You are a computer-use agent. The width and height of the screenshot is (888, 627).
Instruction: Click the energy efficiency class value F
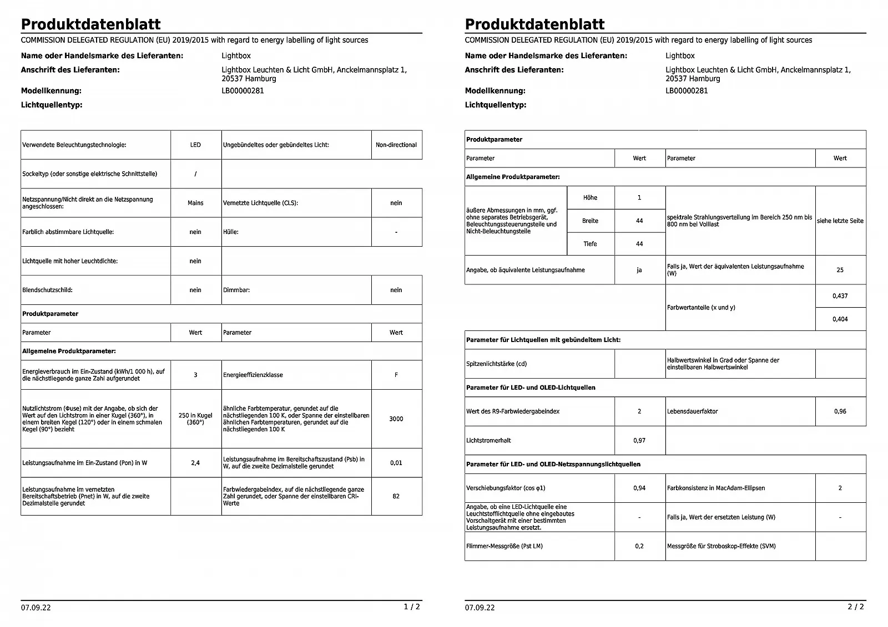pos(396,375)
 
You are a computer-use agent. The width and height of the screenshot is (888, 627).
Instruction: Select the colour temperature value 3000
pos(396,419)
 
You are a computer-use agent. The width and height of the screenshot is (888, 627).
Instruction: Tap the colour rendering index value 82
pos(396,496)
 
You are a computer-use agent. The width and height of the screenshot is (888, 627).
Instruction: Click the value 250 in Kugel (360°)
pos(195,419)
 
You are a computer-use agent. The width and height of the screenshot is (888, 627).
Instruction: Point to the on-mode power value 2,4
pos(195,462)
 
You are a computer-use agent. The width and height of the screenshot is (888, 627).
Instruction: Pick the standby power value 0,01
pos(396,462)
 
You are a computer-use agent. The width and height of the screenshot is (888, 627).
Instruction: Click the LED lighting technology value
pos(195,145)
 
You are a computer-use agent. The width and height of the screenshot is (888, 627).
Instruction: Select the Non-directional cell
pos(396,145)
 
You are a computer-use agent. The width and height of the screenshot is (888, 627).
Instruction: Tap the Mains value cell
pos(195,203)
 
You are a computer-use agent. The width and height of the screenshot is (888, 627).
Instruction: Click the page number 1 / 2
pos(411,606)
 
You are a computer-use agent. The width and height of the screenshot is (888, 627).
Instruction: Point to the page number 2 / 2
pos(855,606)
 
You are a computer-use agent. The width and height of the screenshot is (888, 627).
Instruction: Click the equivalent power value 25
pos(840,270)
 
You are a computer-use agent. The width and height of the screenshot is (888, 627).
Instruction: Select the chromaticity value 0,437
pos(840,296)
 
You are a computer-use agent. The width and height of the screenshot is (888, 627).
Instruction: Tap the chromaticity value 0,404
pos(840,319)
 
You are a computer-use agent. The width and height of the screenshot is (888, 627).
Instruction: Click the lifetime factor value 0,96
pos(840,411)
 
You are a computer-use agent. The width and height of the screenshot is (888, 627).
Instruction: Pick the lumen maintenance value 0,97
pos(639,440)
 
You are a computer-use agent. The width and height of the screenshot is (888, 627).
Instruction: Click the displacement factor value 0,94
pos(639,488)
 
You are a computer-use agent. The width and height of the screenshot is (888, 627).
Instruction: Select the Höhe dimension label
pos(590,197)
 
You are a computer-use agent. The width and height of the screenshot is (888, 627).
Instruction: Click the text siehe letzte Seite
pos(840,221)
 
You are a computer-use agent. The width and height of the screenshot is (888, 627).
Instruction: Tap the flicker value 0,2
pos(639,546)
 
